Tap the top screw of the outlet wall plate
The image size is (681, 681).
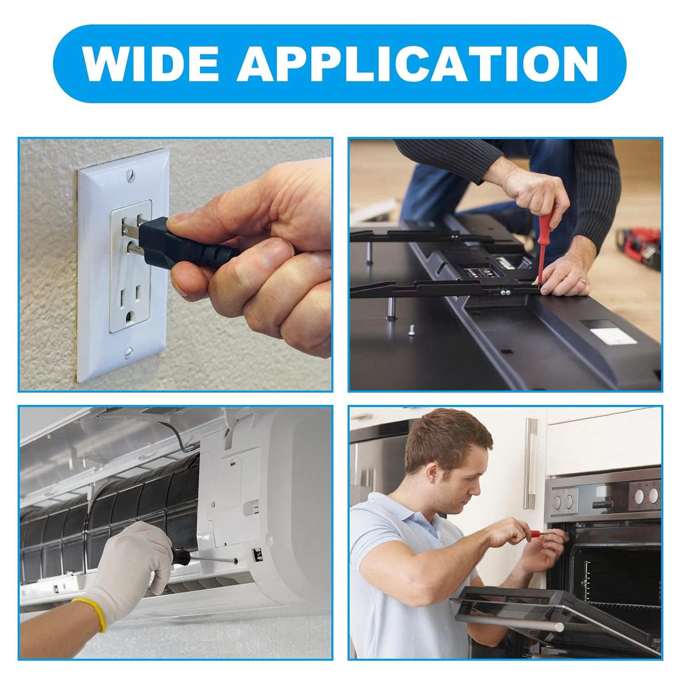130,173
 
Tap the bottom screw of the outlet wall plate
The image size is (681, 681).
129,350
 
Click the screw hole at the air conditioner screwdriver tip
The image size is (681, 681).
236,561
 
